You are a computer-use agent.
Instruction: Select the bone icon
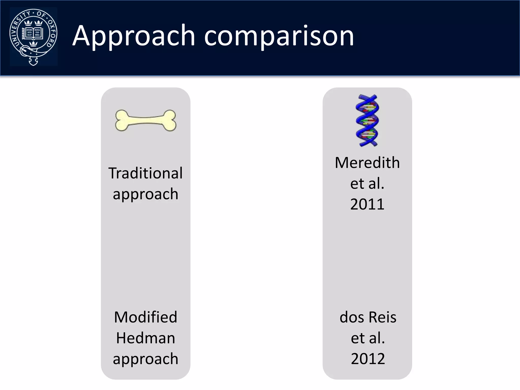click(145, 120)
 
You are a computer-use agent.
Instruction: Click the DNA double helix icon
click(367, 120)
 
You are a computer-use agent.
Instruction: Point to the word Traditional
click(145, 173)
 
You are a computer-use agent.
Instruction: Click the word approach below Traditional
click(145, 194)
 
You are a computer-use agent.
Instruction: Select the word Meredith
click(367, 162)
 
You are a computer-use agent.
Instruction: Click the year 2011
click(367, 204)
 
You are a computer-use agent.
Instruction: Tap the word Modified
click(145, 317)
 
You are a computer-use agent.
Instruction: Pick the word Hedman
click(145, 338)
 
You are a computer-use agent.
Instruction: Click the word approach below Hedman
click(145, 359)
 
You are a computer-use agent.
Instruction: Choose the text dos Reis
click(368, 317)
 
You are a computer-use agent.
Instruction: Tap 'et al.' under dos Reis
click(368, 338)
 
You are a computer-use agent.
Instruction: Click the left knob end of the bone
click(122, 120)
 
